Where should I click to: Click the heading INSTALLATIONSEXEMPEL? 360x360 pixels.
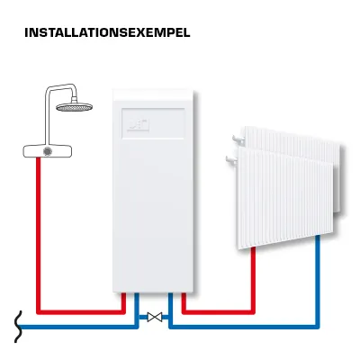107,32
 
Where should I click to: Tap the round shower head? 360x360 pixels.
75,107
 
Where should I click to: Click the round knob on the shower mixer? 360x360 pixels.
48,151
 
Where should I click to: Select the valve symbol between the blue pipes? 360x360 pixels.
155,317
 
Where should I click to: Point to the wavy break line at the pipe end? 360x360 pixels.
18,327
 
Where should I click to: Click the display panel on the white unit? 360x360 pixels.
153,123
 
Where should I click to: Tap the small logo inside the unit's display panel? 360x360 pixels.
139,125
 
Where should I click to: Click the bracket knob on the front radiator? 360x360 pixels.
231,159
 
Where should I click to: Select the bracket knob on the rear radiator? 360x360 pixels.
238,139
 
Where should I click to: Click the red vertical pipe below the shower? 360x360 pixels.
38,235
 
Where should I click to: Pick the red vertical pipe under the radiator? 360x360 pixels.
253,279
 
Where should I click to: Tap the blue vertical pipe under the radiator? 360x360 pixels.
318,281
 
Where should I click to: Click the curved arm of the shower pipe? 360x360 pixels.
60,87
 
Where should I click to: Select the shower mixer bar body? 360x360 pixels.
48,151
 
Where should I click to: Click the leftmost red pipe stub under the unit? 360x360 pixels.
123,301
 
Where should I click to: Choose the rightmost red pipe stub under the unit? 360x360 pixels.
184,301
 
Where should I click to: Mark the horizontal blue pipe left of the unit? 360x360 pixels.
78,327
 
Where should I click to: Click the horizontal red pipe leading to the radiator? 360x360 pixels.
219,312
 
